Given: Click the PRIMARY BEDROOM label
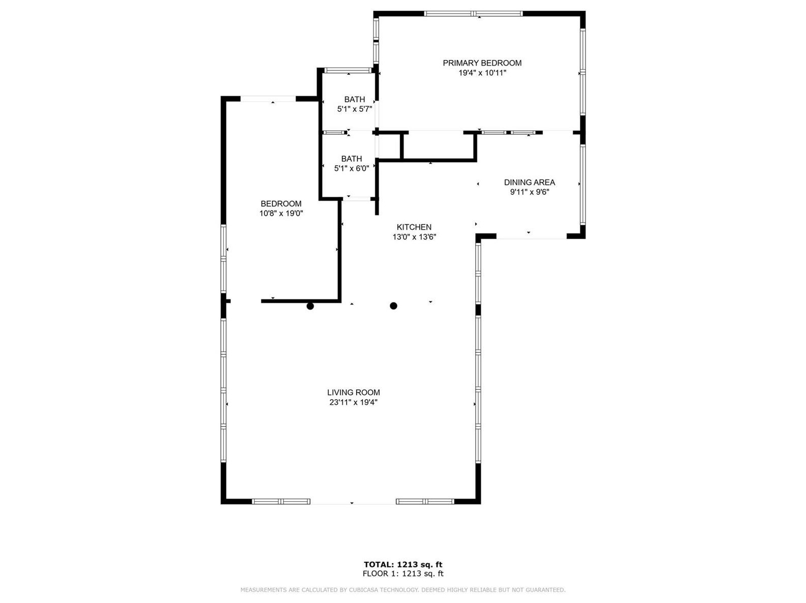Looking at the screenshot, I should coord(482,63).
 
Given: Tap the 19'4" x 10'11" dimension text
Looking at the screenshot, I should coord(482,73).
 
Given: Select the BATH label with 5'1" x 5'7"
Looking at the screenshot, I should coord(354,100).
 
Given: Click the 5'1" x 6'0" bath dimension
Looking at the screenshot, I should coord(351,169).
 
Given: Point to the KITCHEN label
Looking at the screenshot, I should coord(414,227).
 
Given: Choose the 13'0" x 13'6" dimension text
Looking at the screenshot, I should coord(414,237).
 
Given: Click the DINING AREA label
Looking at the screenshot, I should coord(529,183).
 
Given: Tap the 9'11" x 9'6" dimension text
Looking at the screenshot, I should coord(529,192).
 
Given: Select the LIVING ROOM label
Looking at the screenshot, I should coord(353,393).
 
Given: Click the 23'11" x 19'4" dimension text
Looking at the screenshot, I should coord(353,403).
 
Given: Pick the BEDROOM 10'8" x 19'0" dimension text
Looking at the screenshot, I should coord(281,214).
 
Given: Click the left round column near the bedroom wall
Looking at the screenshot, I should coord(310,306).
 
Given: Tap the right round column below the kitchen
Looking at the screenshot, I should coord(393,306).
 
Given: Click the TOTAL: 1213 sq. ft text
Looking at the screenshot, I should coord(403,564).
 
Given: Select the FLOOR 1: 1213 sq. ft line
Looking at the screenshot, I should coord(403,574).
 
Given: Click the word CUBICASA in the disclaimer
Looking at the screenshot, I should coord(367,590).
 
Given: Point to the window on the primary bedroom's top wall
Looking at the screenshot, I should coord(473,14).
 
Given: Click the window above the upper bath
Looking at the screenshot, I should coord(348,70).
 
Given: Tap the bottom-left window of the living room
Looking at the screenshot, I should coord(281,501).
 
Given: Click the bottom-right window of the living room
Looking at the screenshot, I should coord(425,501).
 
